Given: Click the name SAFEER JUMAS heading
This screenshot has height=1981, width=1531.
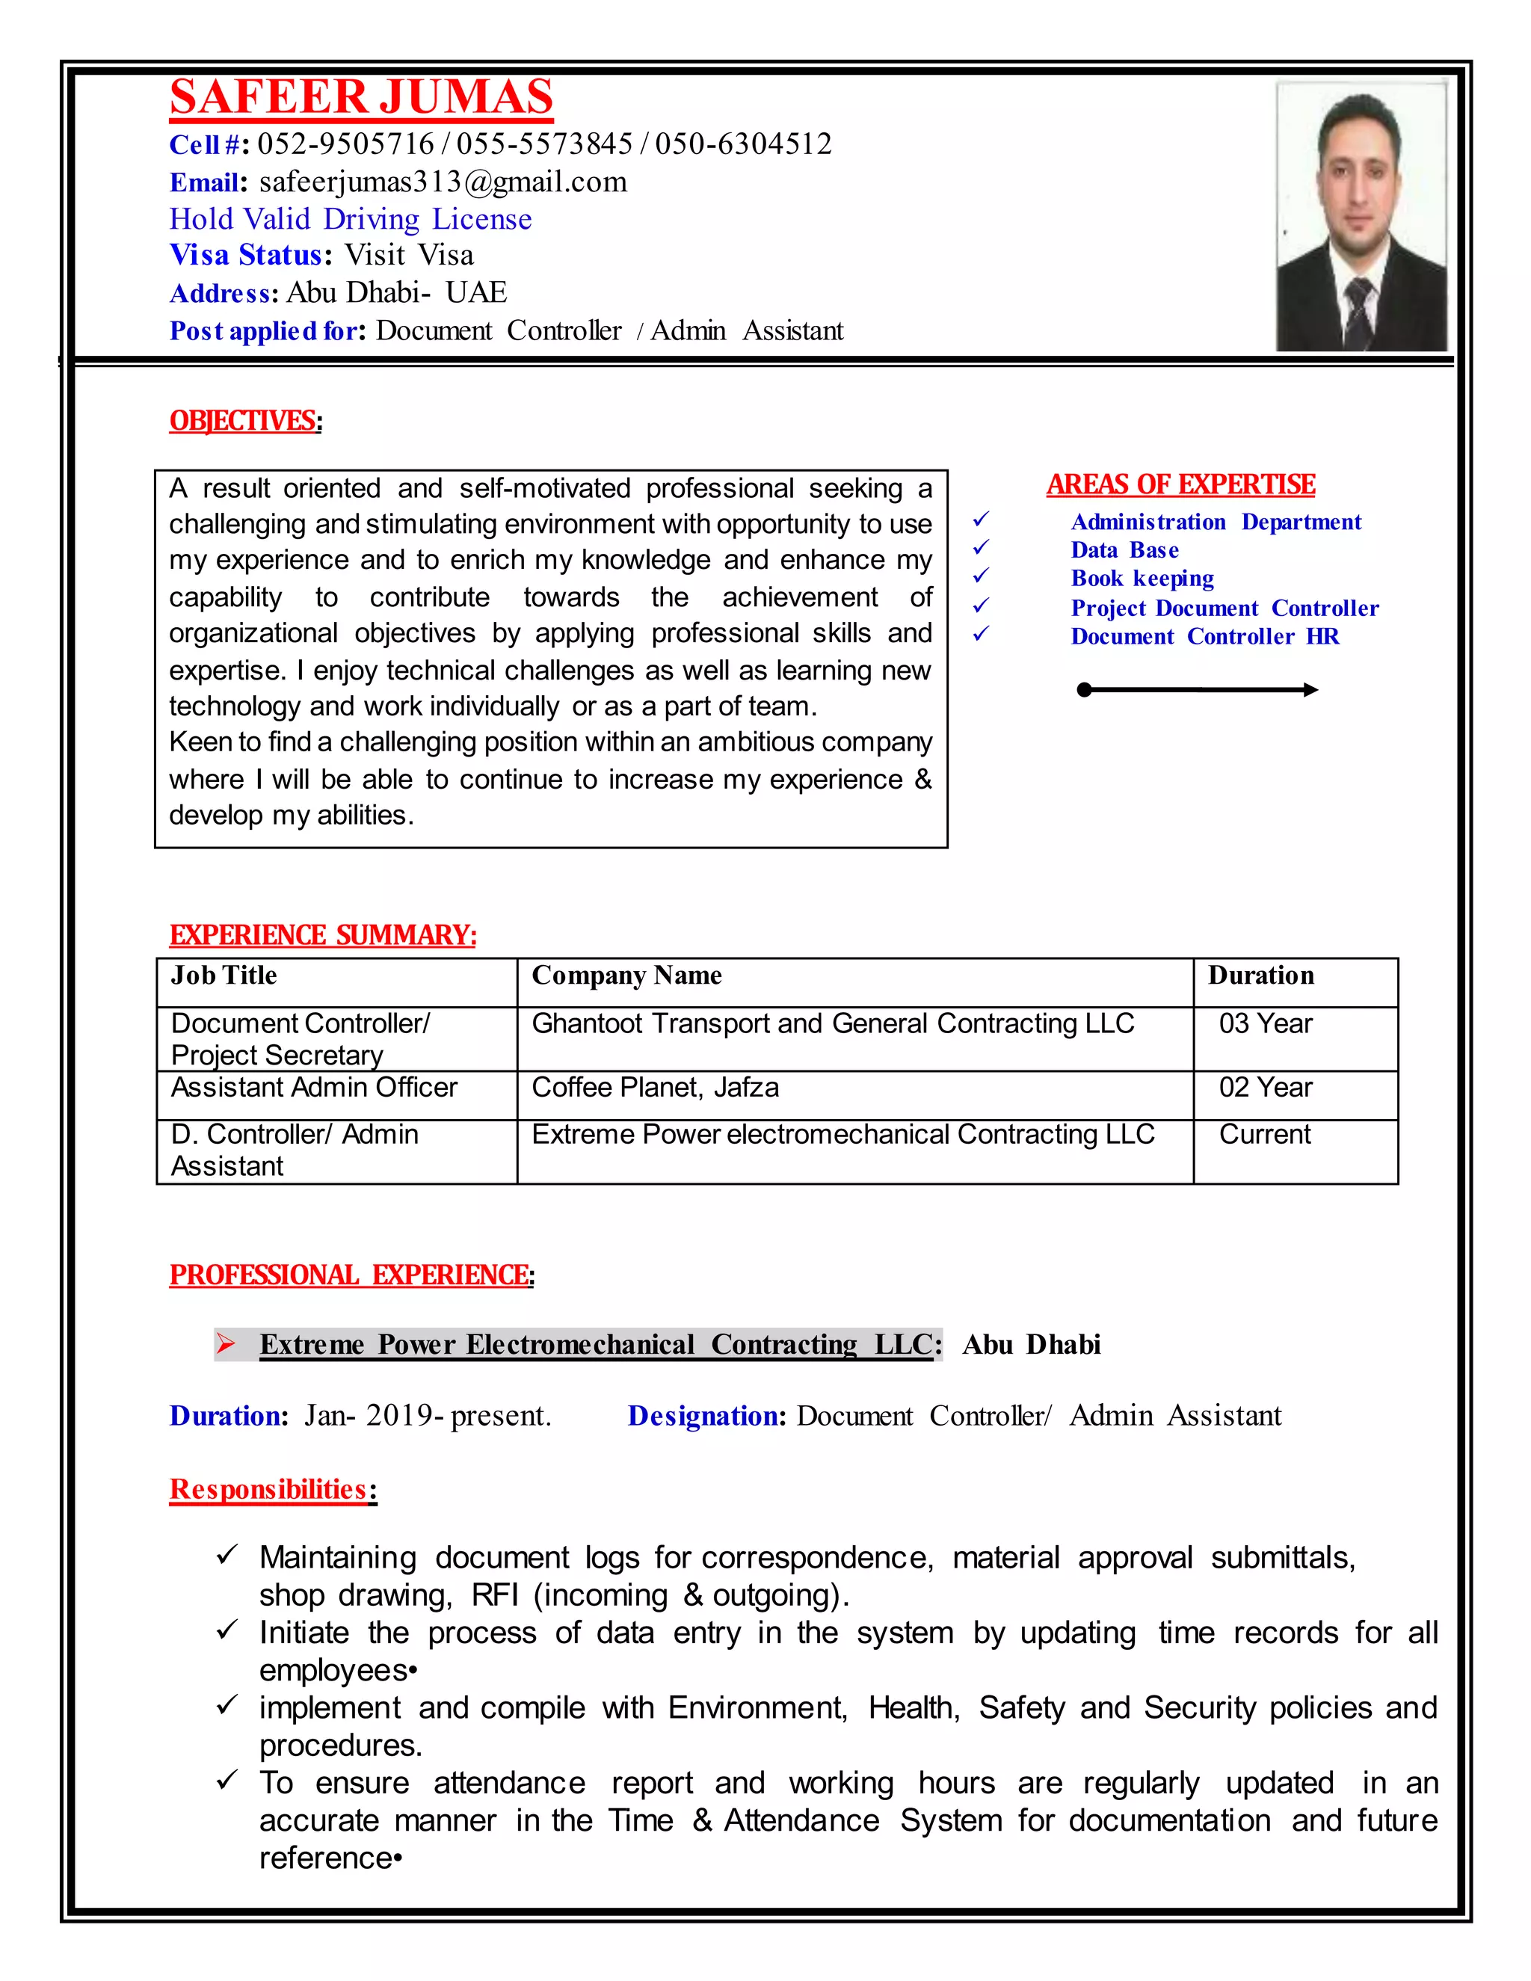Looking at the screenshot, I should point(361,98).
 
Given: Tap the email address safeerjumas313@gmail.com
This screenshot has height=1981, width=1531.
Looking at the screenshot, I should point(443,182).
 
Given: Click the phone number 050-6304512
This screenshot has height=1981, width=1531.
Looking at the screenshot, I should point(743,144).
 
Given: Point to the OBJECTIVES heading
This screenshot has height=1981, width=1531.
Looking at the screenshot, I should point(243,421).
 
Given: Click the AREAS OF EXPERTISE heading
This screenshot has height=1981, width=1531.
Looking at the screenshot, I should point(1180,484).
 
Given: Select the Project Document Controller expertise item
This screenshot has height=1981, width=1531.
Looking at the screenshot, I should point(1224,608).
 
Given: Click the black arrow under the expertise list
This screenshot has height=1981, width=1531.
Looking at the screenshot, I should point(1198,690).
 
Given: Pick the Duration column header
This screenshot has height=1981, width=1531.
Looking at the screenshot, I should point(1260,976).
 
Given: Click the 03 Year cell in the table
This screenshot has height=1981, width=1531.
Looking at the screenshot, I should point(1266,1024).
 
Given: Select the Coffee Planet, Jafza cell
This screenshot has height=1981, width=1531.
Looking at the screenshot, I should point(655,1088).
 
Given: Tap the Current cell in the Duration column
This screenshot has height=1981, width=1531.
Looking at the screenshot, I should point(1264,1135).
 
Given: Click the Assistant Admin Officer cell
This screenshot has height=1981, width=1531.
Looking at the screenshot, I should point(314,1088).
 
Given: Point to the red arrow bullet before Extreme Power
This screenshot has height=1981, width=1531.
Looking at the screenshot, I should point(227,1343).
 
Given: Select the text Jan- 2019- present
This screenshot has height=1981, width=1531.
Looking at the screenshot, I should point(427,1416).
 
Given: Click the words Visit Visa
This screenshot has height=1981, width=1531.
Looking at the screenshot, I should point(409,255).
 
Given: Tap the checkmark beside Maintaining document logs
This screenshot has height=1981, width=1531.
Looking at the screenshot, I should point(227,1556).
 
